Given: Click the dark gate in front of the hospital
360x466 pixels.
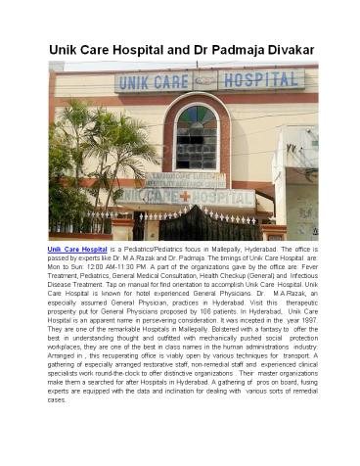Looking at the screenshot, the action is coord(196,225).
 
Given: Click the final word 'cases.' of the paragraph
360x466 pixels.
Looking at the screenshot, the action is coord(58,399).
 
